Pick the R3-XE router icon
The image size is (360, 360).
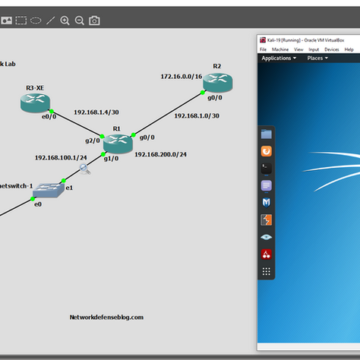[x=35, y=103]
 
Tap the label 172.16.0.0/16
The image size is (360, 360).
[x=182, y=77]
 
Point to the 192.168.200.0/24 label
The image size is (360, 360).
[x=160, y=154]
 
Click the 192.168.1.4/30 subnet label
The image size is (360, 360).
[x=96, y=112]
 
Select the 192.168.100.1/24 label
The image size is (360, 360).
[x=61, y=158]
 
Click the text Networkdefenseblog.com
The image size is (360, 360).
[x=106, y=317]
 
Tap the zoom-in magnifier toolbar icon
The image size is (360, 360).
[x=65, y=21]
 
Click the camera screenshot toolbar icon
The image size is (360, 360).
[x=94, y=21]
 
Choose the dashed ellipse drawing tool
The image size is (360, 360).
[x=36, y=21]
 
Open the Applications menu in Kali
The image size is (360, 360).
[x=279, y=58]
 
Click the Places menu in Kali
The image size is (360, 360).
[x=317, y=58]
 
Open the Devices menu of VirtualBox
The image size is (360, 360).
[x=332, y=49]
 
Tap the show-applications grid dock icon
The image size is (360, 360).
[x=266, y=271]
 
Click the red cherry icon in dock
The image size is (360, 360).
[x=266, y=254]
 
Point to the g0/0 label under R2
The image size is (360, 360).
[x=214, y=96]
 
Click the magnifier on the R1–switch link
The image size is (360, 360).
[x=84, y=169]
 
